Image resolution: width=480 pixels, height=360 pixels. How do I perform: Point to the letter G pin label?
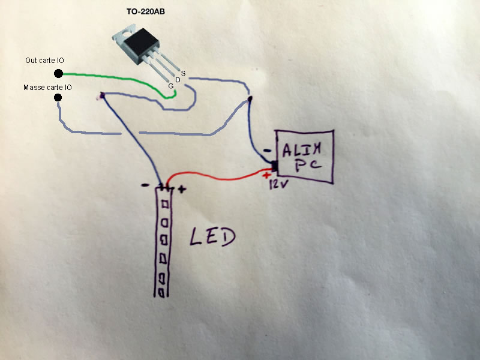[171, 86]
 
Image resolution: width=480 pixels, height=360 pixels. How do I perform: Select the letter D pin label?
[178, 80]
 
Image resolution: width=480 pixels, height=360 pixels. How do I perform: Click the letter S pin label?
[183, 73]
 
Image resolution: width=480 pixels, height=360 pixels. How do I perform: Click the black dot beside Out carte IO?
[58, 73]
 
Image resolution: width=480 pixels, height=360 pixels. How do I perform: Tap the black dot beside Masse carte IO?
[58, 97]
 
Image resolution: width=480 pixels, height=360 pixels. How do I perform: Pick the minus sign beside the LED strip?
[145, 186]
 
